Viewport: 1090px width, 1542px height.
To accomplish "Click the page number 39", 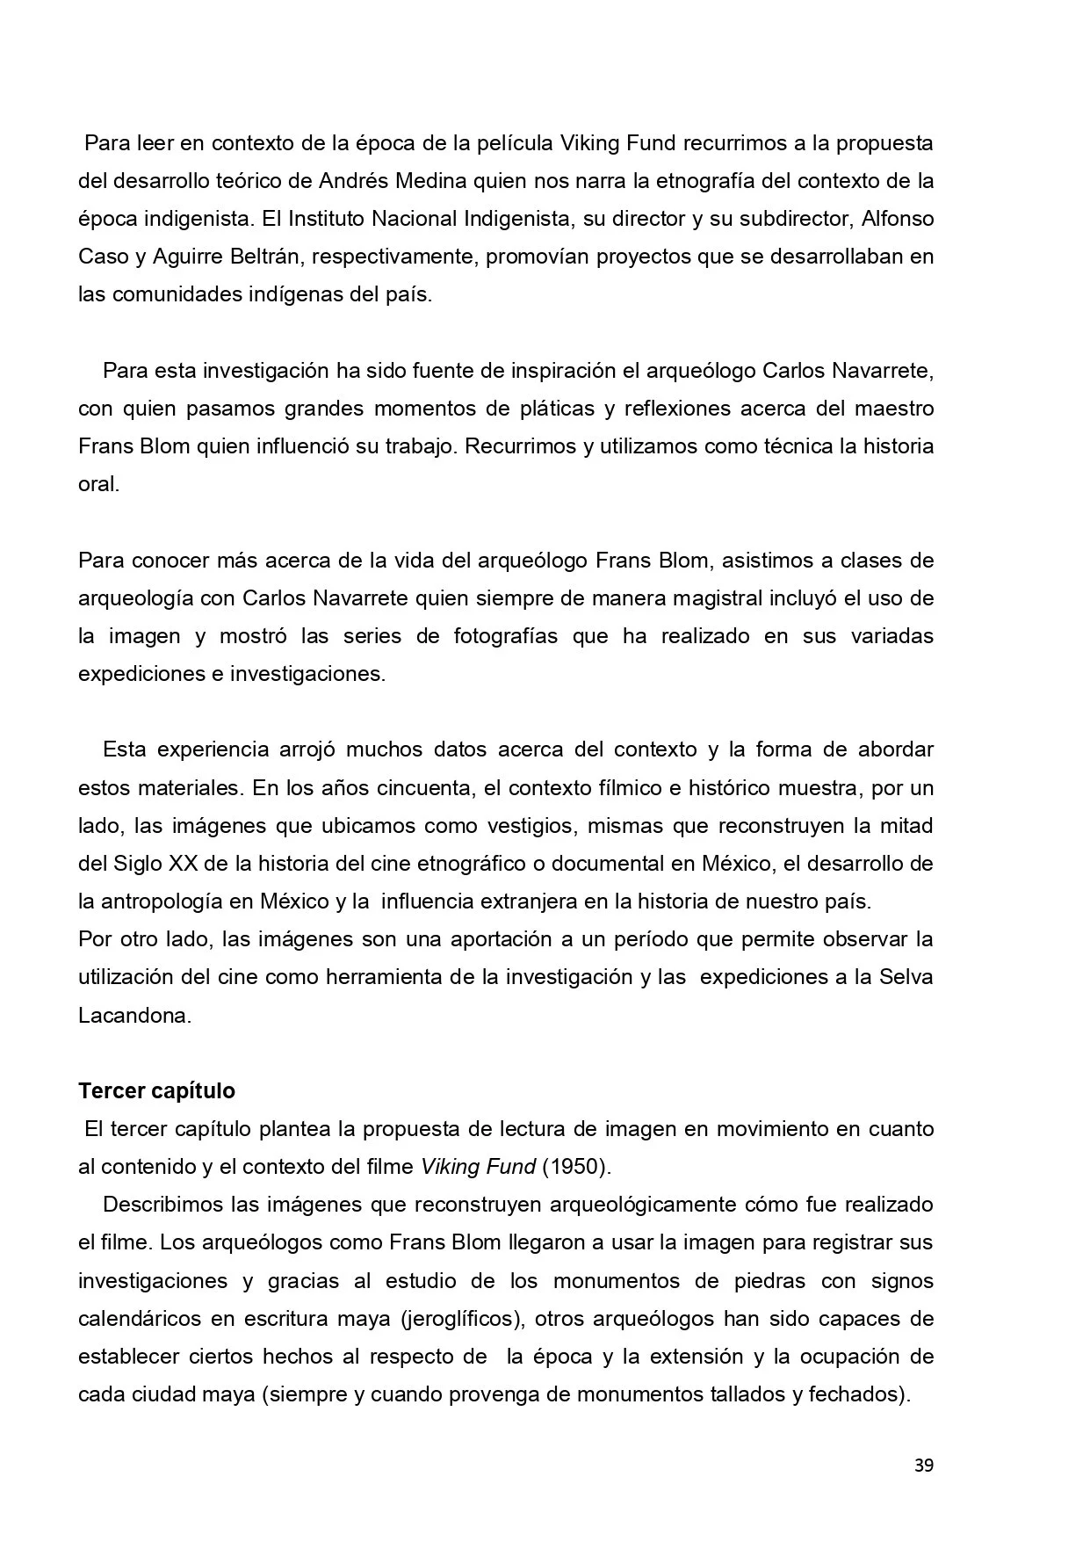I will tap(923, 1466).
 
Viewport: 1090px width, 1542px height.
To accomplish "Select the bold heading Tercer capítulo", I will tap(156, 1090).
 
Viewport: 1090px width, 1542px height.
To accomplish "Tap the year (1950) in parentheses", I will tap(575, 1167).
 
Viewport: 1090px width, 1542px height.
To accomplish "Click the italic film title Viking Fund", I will tap(478, 1167).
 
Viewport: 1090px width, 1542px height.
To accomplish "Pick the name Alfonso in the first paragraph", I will tap(898, 219).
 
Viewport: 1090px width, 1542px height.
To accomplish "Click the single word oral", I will tap(97, 484).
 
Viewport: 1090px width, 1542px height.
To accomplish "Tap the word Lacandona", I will tap(134, 1016).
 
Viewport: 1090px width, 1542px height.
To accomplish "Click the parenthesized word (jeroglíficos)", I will tap(458, 1318).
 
